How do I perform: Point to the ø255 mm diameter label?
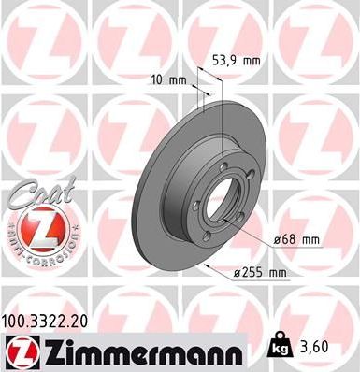260,272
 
